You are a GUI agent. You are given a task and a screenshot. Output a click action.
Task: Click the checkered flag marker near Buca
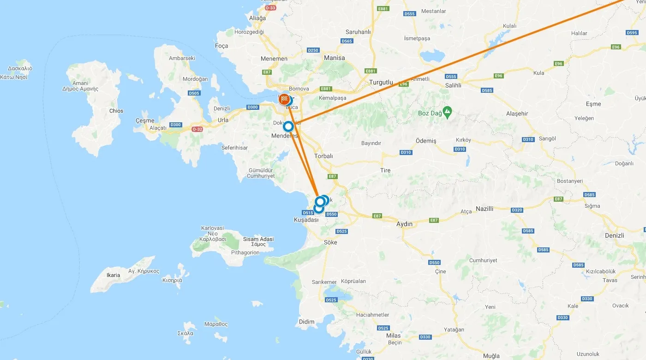pos(284,99)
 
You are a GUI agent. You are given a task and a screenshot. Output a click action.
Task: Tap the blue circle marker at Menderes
pos(288,126)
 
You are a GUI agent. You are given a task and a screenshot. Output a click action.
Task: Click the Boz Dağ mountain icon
pos(447,111)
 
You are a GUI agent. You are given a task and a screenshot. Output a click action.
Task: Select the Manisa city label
pos(334,58)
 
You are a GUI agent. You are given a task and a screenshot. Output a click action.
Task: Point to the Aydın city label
pos(404,224)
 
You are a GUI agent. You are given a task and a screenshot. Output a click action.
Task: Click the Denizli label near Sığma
pos(614,235)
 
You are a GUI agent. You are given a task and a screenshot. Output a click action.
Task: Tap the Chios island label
pos(116,111)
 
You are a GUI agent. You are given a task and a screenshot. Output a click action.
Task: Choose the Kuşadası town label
pos(306,220)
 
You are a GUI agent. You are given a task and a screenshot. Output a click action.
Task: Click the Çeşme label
pos(145,120)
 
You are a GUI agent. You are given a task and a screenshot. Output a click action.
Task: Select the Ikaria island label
pos(113,275)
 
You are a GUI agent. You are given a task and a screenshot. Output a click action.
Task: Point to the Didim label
pos(306,322)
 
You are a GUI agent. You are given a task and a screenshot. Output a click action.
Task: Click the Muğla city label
pos(491,356)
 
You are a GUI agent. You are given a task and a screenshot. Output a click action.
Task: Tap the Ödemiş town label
pos(426,141)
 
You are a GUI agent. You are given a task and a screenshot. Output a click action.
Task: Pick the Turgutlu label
pos(381,83)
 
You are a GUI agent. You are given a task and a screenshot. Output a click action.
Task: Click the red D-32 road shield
pos(197,129)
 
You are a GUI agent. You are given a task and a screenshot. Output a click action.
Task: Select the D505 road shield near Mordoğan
pos(194,93)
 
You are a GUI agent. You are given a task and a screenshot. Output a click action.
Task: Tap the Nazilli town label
pos(484,209)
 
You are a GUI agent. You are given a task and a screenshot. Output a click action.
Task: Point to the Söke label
pos(330,242)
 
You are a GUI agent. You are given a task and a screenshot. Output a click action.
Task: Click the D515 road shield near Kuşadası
pos(308,213)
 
